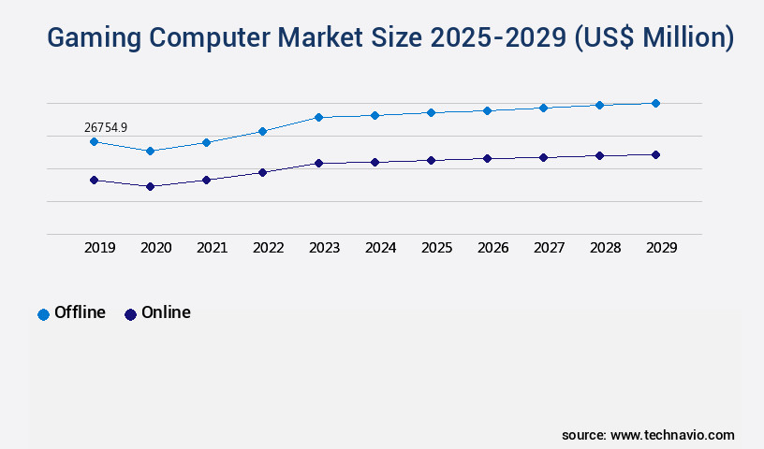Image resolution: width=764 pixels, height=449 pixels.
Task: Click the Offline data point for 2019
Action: [x=94, y=141]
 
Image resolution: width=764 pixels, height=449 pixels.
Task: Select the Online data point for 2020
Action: [x=150, y=186]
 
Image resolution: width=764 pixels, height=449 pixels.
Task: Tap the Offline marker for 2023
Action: [x=318, y=117]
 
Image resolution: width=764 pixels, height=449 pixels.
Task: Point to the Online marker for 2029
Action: [x=655, y=154]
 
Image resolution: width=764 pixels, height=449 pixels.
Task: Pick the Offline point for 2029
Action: [x=655, y=103]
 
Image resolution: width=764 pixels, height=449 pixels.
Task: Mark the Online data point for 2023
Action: [x=318, y=163]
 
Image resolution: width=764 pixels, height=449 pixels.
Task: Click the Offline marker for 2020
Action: [x=150, y=151]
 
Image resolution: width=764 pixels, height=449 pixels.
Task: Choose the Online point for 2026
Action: [x=487, y=158]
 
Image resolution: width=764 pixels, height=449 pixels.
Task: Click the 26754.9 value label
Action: [x=106, y=126]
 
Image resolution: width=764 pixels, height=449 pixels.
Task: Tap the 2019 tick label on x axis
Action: [x=100, y=248]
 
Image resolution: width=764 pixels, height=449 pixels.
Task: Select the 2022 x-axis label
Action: [x=269, y=248]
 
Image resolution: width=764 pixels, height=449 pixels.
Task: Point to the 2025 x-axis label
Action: [x=437, y=248]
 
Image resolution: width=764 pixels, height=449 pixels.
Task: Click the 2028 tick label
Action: [x=606, y=248]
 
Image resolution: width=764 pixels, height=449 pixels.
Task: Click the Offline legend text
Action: [x=80, y=312]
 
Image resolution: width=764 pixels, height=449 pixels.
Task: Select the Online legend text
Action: [x=166, y=312]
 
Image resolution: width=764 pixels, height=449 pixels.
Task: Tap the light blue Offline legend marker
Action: [x=43, y=314]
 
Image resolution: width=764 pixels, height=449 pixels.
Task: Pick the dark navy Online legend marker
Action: [x=130, y=314]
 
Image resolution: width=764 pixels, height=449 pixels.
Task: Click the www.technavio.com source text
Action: [x=672, y=435]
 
